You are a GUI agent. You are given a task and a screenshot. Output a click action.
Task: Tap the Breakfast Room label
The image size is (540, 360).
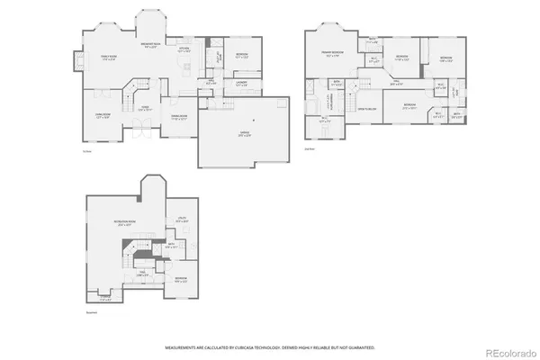[149, 45]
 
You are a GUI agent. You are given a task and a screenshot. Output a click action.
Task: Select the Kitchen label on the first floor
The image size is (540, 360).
[184, 50]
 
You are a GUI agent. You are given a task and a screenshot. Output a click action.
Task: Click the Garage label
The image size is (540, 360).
[244, 132]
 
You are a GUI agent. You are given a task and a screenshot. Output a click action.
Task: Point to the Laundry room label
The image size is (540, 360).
[241, 84]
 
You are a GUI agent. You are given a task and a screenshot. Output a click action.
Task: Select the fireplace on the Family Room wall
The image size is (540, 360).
[78, 64]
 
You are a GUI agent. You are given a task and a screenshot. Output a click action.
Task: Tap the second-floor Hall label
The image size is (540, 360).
[395, 84]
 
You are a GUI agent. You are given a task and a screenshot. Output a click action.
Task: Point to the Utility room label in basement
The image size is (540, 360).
[181, 220]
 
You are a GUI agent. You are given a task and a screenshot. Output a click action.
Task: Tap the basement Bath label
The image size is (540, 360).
[170, 245]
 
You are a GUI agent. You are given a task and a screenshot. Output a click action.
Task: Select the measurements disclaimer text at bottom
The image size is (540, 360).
[269, 346]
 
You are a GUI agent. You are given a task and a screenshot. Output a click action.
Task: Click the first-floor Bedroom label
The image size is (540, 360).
[242, 55]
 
